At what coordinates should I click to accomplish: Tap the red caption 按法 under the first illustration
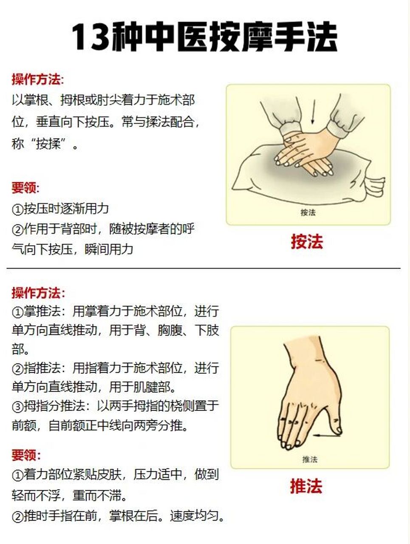click(x=307, y=241)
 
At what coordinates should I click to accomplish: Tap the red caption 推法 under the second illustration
click(x=306, y=486)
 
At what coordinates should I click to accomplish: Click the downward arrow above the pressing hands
click(x=313, y=112)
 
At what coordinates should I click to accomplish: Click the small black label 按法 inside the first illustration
click(x=308, y=212)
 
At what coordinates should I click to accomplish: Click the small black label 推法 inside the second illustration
click(x=310, y=459)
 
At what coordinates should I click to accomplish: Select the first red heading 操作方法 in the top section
click(x=37, y=79)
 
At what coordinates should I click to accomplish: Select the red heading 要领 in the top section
click(x=25, y=187)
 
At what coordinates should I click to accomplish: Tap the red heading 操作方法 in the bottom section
click(x=37, y=293)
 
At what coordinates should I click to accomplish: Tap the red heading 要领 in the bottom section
click(x=25, y=455)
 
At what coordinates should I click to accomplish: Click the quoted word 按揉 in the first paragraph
click(x=48, y=144)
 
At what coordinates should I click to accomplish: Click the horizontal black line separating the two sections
click(x=204, y=269)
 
